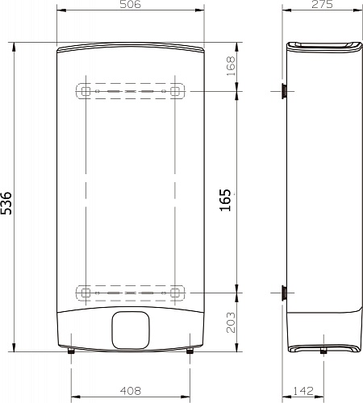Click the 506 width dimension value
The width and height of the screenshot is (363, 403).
coord(131,6)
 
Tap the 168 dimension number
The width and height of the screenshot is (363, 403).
coord(232,65)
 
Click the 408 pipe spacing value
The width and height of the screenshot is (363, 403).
coord(131,389)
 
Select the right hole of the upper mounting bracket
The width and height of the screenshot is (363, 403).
coord(176,91)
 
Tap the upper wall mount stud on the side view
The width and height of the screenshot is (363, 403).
coord(284,91)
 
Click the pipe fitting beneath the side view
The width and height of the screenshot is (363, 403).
coord(323,352)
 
